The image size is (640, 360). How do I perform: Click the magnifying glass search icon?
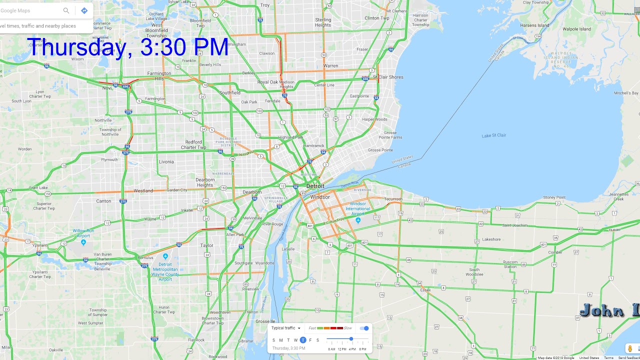coord(66,10)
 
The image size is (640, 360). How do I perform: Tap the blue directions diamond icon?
coord(84,10)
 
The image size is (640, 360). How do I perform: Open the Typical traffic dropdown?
coord(286,328)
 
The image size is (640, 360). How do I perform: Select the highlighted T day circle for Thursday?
coord(303,340)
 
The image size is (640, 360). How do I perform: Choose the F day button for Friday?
coord(310,340)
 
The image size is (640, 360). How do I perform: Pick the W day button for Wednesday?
coord(295,340)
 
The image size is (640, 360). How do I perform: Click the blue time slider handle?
coord(351,339)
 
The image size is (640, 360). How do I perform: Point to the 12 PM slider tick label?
coord(342,349)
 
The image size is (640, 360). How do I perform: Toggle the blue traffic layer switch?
coord(364,328)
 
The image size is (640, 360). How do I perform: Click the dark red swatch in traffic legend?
coord(340,328)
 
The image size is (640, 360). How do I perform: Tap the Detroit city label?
coord(315,186)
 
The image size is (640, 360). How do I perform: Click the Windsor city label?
coord(320,197)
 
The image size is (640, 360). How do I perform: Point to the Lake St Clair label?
coord(493,135)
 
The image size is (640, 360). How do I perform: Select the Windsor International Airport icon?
coord(358,220)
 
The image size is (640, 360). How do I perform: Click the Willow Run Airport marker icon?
coord(83,242)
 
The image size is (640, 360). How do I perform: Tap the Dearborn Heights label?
coord(205,182)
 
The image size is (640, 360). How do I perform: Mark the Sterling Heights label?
coord(323,22)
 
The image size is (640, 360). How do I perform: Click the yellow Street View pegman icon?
coord(630,348)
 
